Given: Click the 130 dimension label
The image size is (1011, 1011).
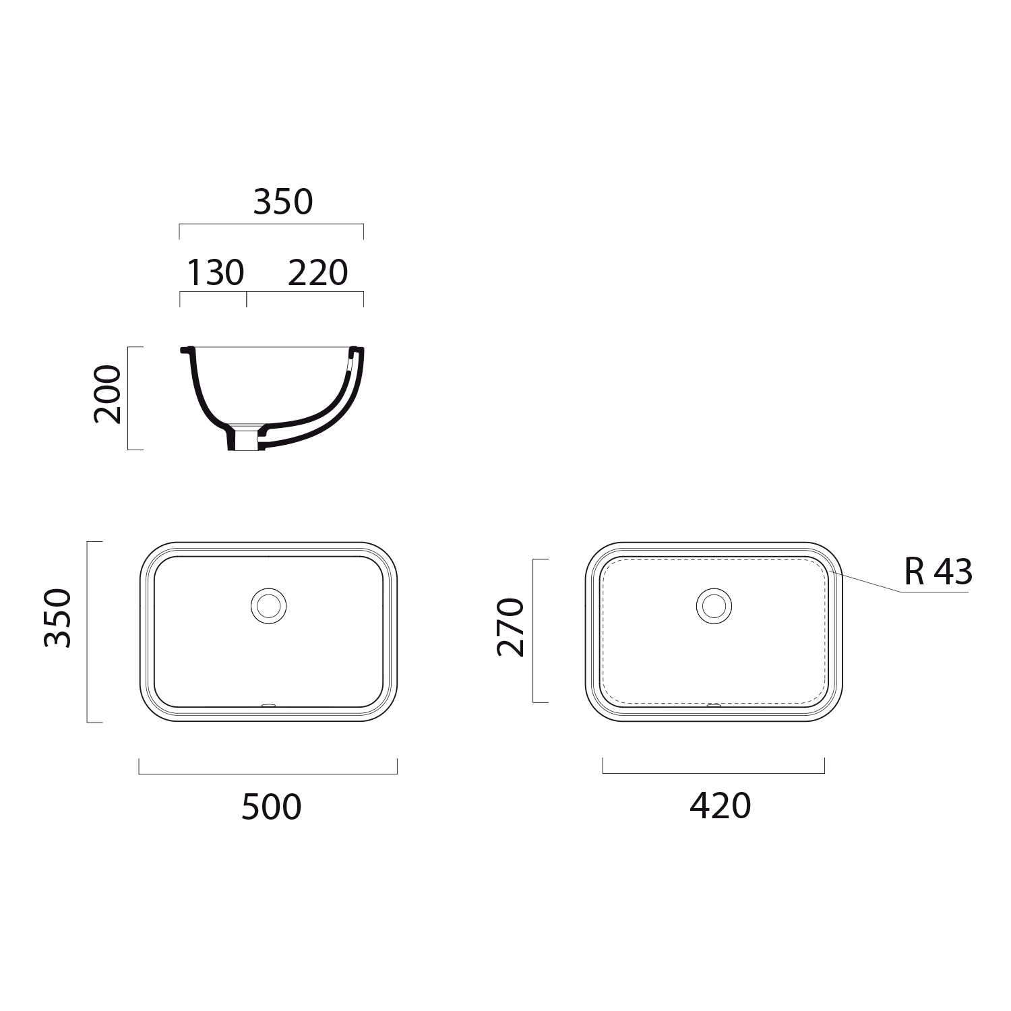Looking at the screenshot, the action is pyautogui.click(x=215, y=273).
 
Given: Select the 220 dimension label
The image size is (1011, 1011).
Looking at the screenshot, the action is pyautogui.click(x=317, y=273).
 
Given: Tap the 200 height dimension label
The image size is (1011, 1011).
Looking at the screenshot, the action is pyautogui.click(x=108, y=394).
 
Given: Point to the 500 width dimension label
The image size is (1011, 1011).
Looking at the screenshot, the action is pyautogui.click(x=271, y=807).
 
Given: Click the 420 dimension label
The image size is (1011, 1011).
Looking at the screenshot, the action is pyautogui.click(x=720, y=806).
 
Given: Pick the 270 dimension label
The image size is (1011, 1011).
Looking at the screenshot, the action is pyautogui.click(x=510, y=627).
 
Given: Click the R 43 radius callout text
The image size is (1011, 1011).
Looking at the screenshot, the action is pyautogui.click(x=938, y=572).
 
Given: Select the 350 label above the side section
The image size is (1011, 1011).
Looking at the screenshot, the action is pyautogui.click(x=283, y=202).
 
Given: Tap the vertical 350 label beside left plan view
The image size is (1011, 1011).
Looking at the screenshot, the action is pyautogui.click(x=57, y=618).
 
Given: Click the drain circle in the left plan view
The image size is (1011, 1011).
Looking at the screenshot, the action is pyautogui.click(x=268, y=605).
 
